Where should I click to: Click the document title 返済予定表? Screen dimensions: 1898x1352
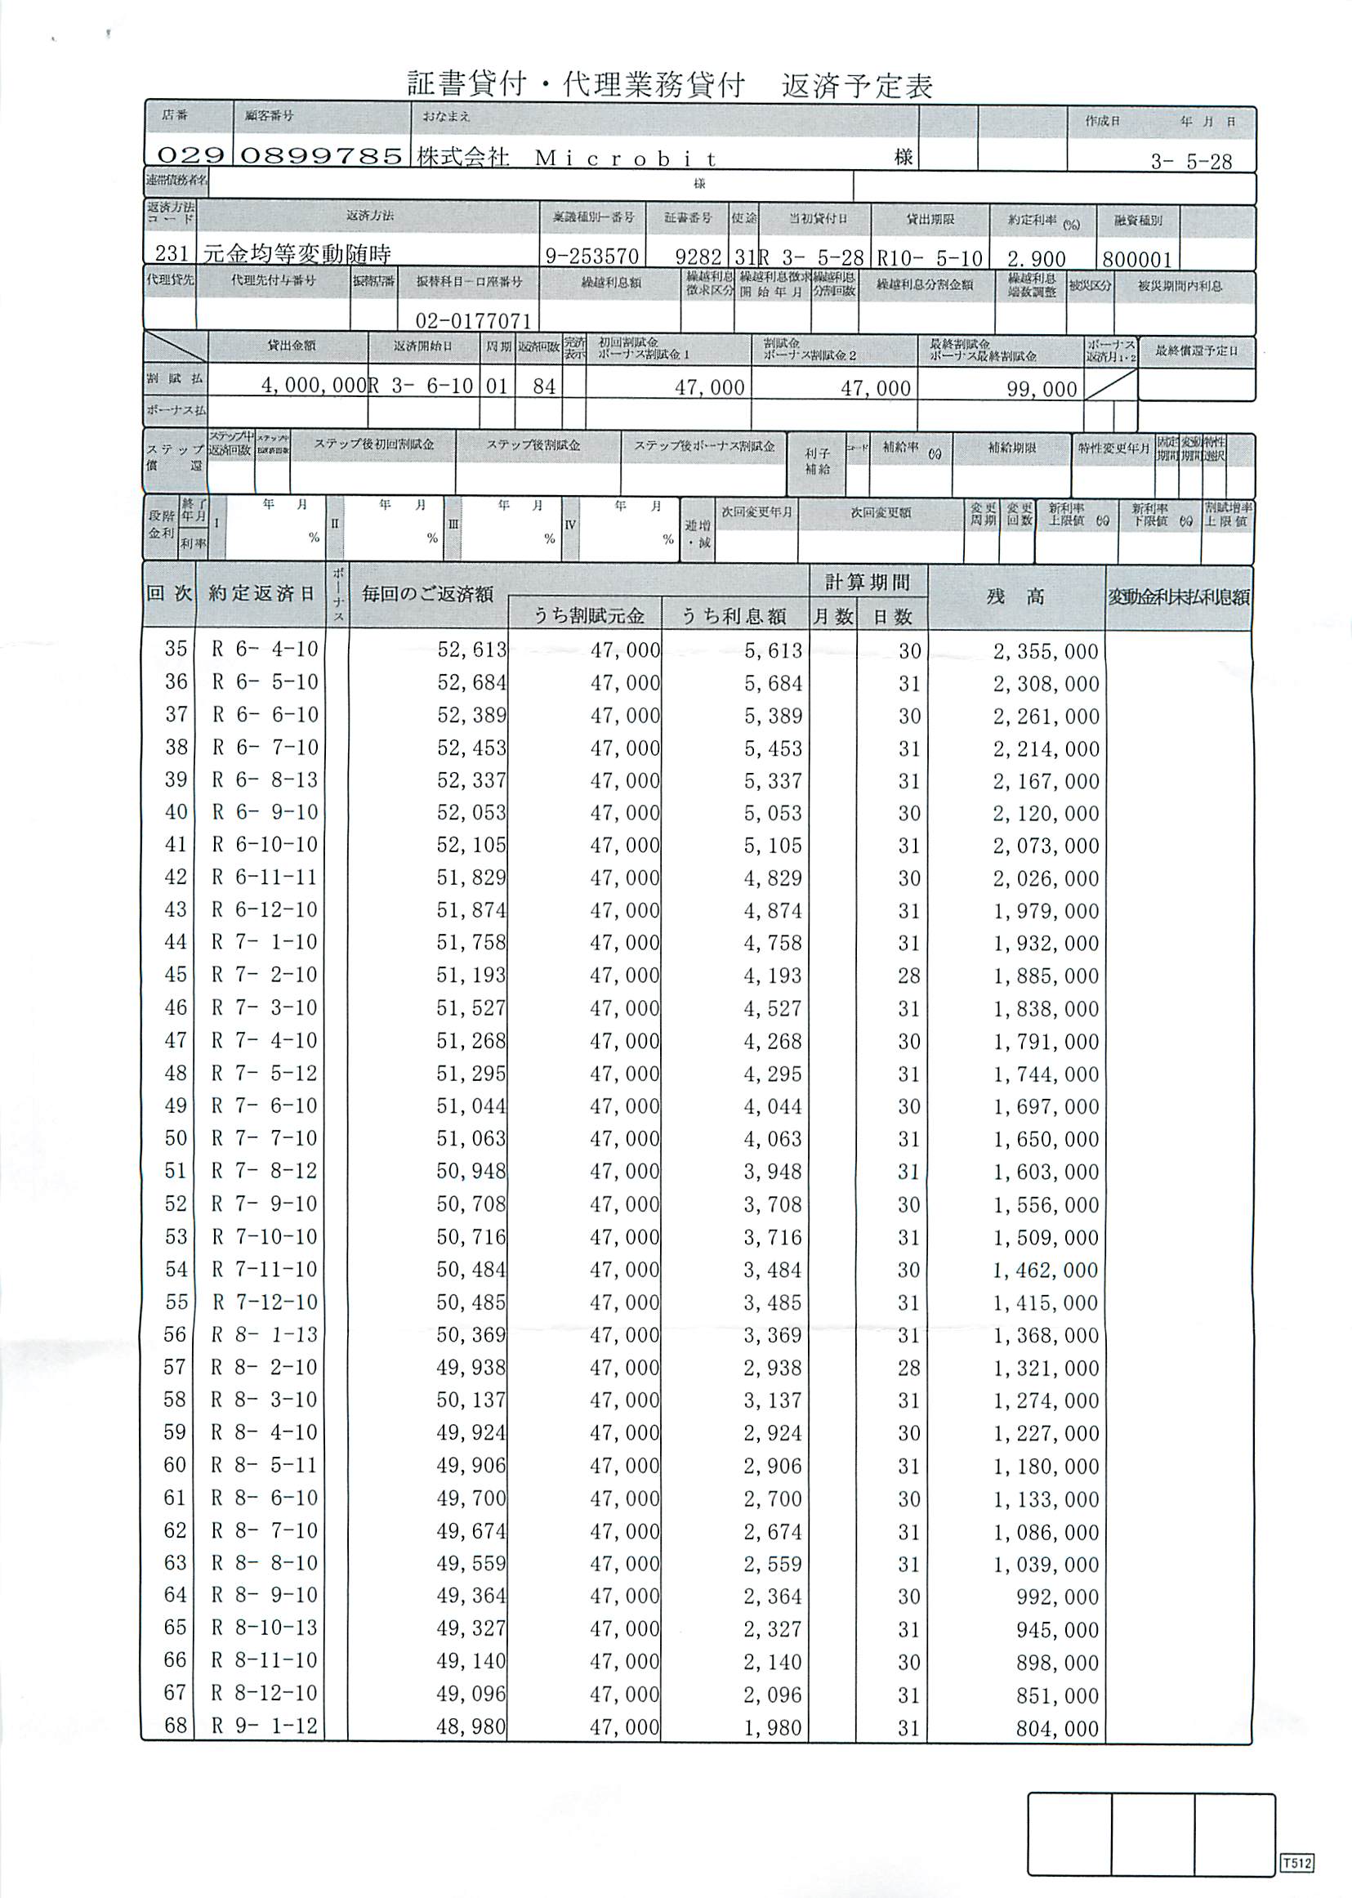(x=670, y=85)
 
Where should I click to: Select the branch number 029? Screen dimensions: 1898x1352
(x=190, y=156)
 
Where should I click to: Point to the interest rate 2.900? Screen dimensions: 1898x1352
(x=1036, y=258)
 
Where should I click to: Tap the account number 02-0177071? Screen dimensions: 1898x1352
(x=473, y=320)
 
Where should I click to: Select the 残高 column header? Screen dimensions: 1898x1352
(x=1015, y=596)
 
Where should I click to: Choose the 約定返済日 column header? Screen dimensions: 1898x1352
(x=261, y=593)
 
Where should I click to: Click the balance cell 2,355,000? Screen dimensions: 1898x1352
(x=1046, y=651)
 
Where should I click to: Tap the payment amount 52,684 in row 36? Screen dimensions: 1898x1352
(x=471, y=683)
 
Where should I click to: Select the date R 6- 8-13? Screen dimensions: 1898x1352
(x=265, y=780)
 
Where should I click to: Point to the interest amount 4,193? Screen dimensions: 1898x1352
(x=773, y=976)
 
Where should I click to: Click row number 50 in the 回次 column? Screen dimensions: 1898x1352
(x=176, y=1138)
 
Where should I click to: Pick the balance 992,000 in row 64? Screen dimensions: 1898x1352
(x=1057, y=1597)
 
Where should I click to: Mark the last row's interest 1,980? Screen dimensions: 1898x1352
(x=773, y=1728)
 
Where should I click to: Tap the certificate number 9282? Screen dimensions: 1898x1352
(x=698, y=258)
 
